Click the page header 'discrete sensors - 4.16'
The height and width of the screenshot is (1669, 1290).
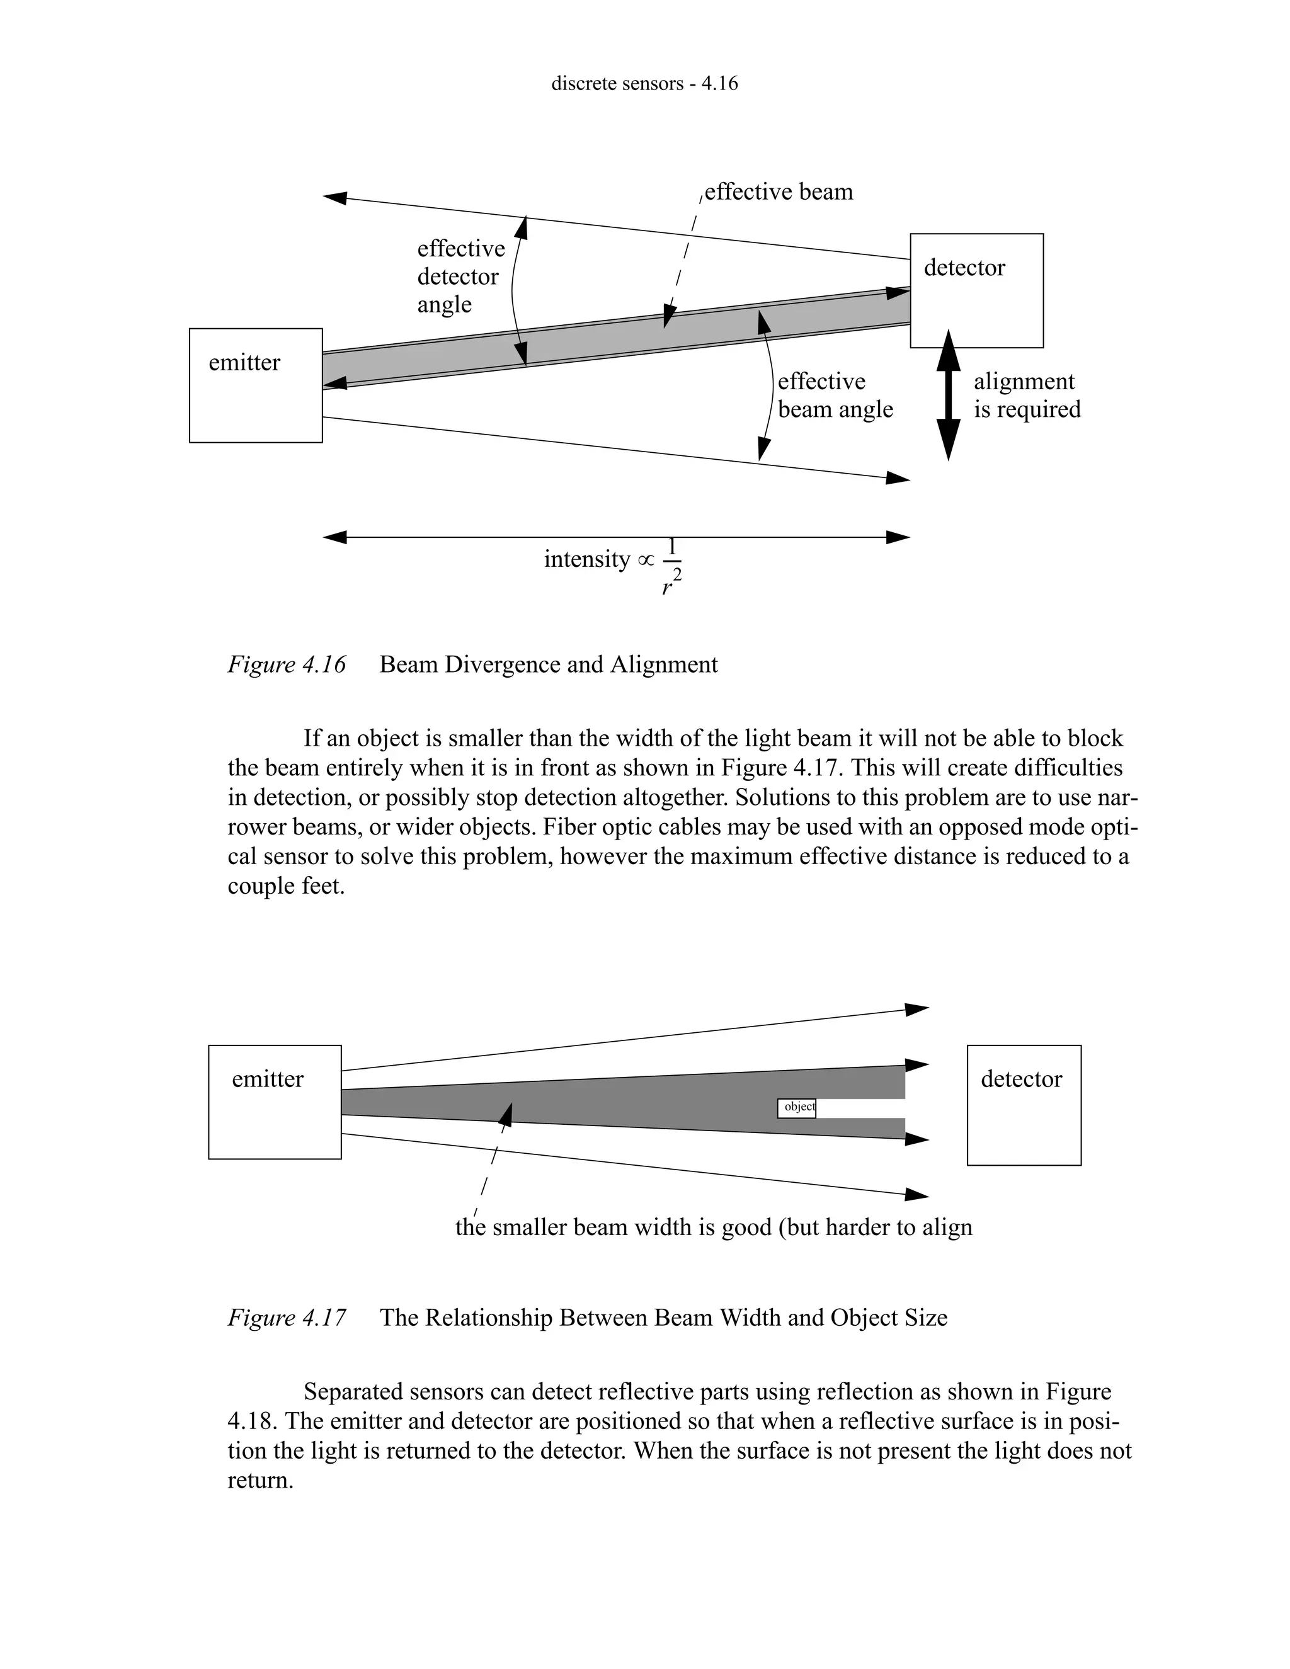(x=644, y=83)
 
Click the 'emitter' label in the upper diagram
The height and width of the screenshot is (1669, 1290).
(x=244, y=362)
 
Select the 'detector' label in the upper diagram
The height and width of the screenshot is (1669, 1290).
(x=964, y=268)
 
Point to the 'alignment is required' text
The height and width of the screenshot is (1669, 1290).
(x=1026, y=395)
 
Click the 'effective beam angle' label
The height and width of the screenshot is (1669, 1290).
(x=835, y=395)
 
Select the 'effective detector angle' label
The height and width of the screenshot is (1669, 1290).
(x=460, y=276)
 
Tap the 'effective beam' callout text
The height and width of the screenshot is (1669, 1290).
(x=778, y=192)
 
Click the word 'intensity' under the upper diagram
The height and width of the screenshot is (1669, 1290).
(x=586, y=559)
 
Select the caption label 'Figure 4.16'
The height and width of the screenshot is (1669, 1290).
(x=287, y=664)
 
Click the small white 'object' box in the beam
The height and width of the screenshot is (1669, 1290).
(x=796, y=1107)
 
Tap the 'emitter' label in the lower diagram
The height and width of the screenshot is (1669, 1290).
(x=268, y=1079)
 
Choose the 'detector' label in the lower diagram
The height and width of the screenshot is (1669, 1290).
(x=1021, y=1079)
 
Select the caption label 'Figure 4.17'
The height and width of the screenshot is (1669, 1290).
(x=287, y=1318)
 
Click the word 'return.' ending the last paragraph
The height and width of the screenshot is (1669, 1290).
(x=260, y=1480)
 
